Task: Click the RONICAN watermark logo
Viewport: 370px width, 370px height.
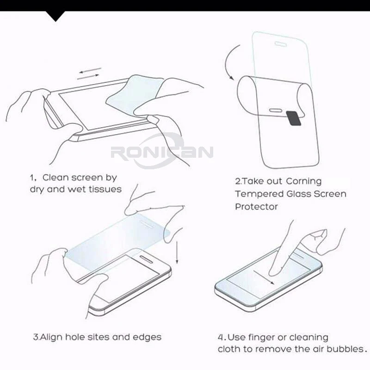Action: (x=162, y=152)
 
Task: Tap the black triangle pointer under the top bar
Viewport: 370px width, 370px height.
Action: (x=55, y=16)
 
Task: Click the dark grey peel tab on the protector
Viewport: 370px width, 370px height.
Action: (x=294, y=118)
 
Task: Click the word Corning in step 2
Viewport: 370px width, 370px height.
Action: (x=304, y=181)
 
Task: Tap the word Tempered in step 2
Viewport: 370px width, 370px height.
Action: (x=259, y=194)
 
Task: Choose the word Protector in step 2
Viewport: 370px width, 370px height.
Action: (x=257, y=207)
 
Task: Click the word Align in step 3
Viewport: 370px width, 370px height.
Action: (x=51, y=338)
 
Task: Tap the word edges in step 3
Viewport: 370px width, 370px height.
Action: (x=147, y=337)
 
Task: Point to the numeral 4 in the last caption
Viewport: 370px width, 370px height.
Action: (x=221, y=337)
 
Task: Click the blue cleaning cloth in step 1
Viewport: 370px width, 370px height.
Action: (x=135, y=94)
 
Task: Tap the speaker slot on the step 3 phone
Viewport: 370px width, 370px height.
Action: (x=147, y=259)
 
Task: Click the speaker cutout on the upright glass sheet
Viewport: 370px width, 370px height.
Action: (x=281, y=44)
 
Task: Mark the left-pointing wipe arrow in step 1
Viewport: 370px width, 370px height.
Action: (x=90, y=70)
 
